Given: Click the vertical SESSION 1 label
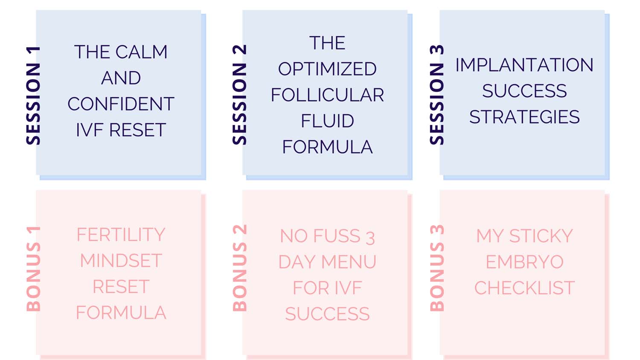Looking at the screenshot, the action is tap(33, 96).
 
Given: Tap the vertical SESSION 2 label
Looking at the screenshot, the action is tap(239, 95).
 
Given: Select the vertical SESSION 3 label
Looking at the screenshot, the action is tap(437, 95).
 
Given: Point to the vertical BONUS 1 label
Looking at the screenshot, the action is tap(33, 269).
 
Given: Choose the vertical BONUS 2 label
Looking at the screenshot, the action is tap(239, 268).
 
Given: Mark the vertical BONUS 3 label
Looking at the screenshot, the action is tap(437, 268).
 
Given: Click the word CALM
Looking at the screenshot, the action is tap(141, 52).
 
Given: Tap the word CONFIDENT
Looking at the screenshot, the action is tap(121, 104).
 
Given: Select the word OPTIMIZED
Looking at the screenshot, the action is tap(327, 69).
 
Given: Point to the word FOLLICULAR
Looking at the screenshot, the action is tap(327, 95).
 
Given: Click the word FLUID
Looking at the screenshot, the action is tap(327, 121).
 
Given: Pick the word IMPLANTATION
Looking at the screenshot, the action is tap(524, 65).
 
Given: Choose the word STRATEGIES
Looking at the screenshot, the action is tap(524, 117).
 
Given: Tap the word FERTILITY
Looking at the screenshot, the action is tap(121, 235).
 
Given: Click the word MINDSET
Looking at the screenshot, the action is tap(121, 261).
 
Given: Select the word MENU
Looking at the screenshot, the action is tap(349, 262).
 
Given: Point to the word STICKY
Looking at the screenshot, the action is tap(541, 236).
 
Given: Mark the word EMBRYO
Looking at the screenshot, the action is tap(524, 262).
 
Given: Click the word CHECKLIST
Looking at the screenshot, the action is tap(524, 288).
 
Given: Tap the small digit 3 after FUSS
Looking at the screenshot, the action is tap(370, 238).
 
